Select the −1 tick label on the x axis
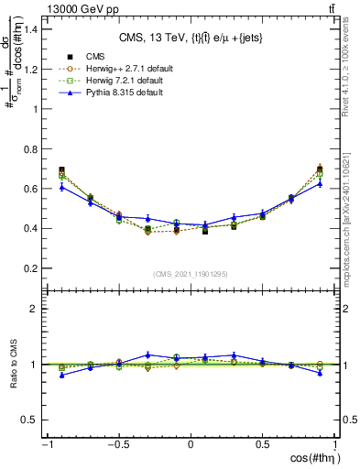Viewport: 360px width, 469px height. pyautogui.click(x=45, y=444)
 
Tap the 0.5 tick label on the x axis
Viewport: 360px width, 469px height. pyautogui.click(x=263, y=444)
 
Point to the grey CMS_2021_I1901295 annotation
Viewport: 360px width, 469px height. pyautogui.click(x=190, y=274)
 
